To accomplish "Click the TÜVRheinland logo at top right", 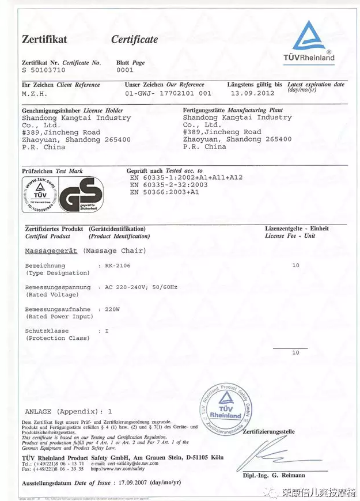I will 313,41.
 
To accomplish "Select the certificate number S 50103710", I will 44,70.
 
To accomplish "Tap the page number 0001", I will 124,70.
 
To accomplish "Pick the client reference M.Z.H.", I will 35,93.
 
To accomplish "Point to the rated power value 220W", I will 112,309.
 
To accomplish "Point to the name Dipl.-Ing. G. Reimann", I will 275,475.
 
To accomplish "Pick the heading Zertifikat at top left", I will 44,40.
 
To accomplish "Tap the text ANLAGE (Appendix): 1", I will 69,412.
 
